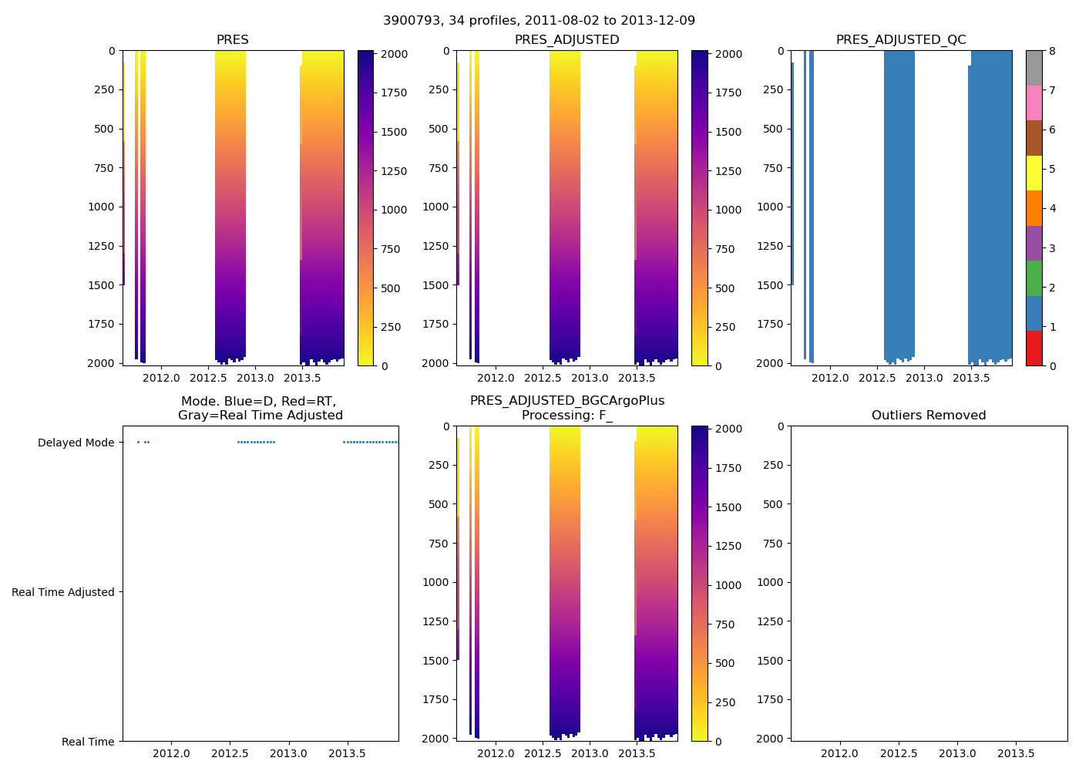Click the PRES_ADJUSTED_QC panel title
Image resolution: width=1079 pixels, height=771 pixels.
[901, 40]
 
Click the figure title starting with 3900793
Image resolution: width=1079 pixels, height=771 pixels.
[539, 20]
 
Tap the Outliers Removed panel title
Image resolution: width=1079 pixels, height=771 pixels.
[929, 416]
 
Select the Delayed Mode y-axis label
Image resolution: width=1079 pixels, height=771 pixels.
[76, 443]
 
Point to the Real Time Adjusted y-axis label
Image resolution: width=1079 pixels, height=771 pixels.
[63, 592]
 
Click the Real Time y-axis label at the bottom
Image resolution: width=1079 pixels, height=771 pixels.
[88, 742]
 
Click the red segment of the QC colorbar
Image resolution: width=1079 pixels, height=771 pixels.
[1034, 348]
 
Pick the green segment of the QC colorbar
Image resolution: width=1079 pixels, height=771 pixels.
[1034, 278]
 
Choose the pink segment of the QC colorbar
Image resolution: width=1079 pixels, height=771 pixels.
[1034, 103]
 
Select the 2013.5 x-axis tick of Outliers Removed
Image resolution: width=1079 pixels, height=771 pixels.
[1016, 753]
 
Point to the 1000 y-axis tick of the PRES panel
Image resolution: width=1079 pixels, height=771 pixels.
[101, 207]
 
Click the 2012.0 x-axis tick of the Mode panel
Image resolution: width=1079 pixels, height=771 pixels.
[171, 753]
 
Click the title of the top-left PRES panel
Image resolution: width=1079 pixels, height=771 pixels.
[232, 40]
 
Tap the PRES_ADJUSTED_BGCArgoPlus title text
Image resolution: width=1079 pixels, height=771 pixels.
[567, 401]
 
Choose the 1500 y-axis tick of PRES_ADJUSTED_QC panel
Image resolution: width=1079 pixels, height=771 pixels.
[770, 285]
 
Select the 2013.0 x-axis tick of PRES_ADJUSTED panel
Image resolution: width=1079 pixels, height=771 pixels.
[590, 378]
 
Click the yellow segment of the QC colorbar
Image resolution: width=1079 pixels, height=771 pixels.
[1034, 173]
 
